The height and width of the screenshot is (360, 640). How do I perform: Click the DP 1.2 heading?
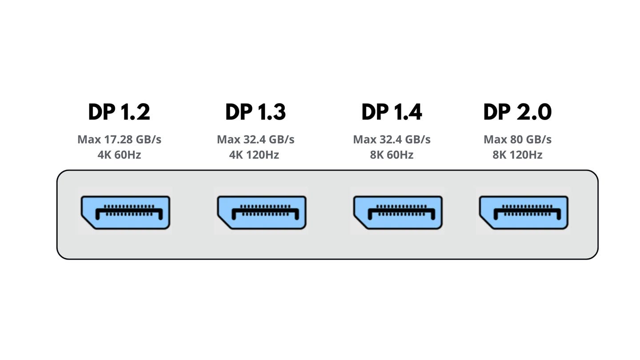tap(119, 112)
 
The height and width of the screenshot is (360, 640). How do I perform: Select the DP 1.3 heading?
tap(256, 112)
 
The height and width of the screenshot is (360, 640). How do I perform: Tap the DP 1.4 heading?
tap(392, 112)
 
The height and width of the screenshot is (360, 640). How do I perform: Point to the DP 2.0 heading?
tap(517, 112)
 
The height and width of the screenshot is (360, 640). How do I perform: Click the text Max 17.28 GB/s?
tap(119, 140)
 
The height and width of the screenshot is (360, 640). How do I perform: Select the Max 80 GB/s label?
tap(517, 140)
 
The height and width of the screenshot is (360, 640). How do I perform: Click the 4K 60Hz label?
tap(119, 155)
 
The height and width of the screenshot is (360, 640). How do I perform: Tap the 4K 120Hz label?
tap(256, 155)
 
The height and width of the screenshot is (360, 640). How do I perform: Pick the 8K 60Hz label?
tap(392, 155)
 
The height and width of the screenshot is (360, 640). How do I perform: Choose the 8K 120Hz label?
tap(517, 155)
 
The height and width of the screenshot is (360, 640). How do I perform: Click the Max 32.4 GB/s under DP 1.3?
tap(256, 140)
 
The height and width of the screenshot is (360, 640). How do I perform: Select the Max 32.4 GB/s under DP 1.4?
tap(392, 140)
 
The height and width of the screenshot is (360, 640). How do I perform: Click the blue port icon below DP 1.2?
tap(125, 212)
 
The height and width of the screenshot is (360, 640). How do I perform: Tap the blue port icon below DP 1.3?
tap(262, 212)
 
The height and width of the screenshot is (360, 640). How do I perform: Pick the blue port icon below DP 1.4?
tap(398, 212)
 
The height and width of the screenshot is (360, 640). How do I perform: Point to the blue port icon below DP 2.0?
tap(524, 212)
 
